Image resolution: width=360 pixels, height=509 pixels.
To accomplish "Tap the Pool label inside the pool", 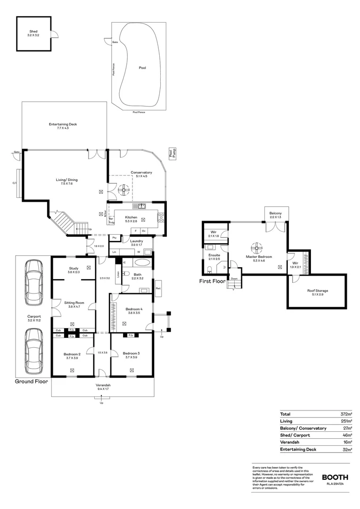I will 142,68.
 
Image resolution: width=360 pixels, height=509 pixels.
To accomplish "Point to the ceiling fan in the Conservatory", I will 125,189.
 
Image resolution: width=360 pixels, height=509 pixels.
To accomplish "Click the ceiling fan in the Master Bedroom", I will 257,246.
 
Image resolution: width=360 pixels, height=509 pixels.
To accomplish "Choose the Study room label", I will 74,269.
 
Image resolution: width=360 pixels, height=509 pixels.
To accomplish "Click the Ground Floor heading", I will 31,381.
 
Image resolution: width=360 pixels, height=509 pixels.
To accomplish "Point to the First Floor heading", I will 212,281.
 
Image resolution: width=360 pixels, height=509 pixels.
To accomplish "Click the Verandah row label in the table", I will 290,442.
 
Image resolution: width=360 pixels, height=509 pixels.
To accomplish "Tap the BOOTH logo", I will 335,477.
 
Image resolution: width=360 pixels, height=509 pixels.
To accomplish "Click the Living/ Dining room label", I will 66,181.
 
